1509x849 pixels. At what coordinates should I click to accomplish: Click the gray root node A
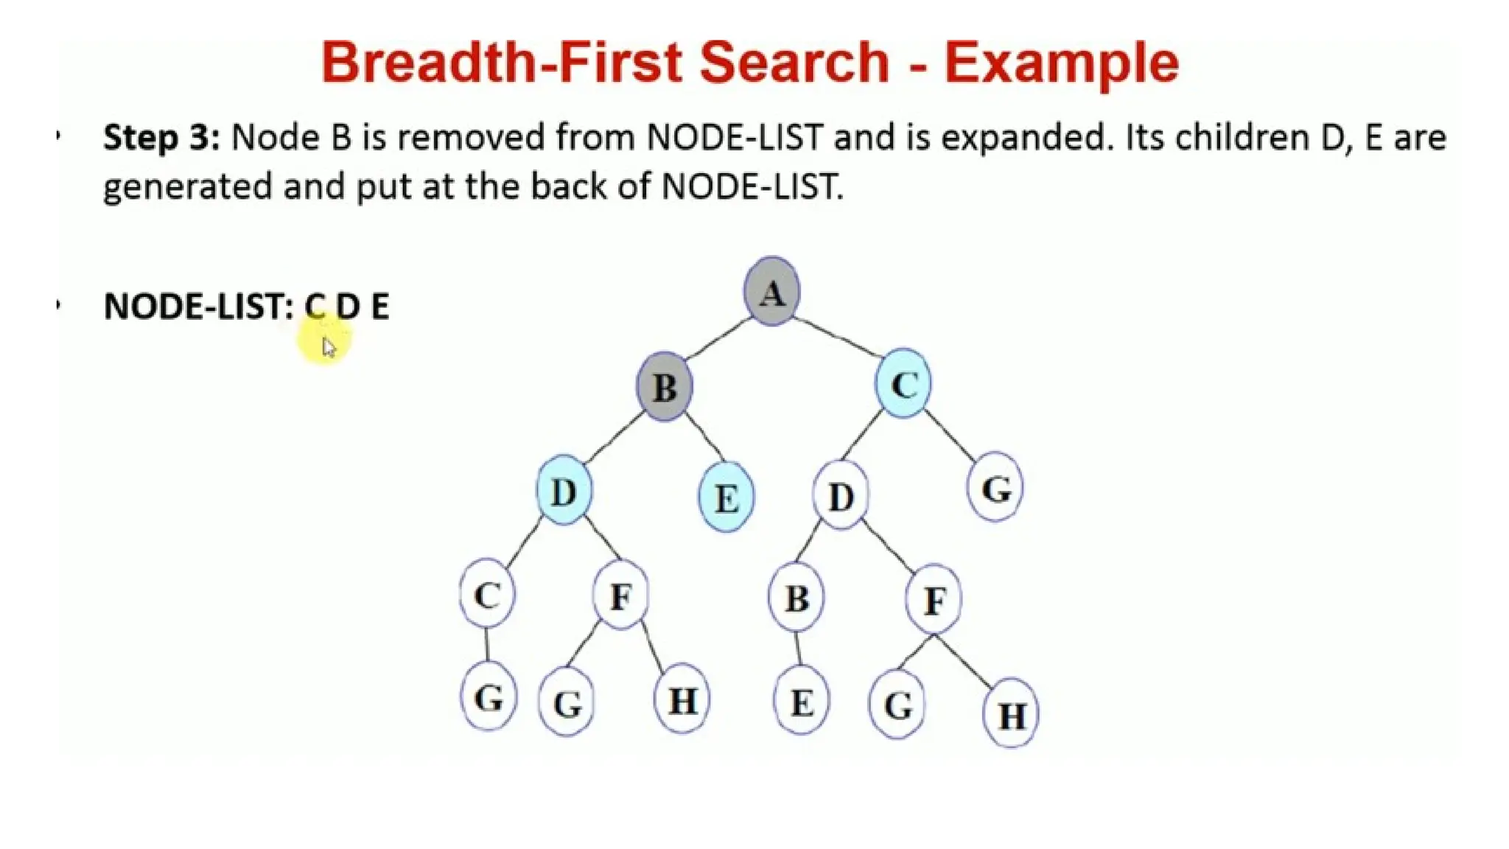(x=771, y=292)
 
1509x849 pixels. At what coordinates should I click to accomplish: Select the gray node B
(x=665, y=387)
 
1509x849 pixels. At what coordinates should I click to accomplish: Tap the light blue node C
(x=903, y=384)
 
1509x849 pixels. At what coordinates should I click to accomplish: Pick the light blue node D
(x=564, y=491)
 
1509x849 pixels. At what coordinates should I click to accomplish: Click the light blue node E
(x=726, y=498)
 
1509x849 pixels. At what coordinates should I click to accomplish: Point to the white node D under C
(x=841, y=496)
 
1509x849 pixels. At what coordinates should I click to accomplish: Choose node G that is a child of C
(x=995, y=488)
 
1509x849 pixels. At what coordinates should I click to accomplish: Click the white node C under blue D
(x=487, y=594)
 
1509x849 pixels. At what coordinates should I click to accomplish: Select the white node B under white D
(x=796, y=598)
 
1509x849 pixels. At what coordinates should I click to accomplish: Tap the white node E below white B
(x=802, y=702)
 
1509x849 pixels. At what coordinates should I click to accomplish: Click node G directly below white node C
(x=489, y=697)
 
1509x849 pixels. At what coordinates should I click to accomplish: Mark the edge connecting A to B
(x=718, y=339)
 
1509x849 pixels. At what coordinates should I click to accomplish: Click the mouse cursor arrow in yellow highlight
(x=329, y=347)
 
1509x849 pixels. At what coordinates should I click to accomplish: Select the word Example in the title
(x=1062, y=63)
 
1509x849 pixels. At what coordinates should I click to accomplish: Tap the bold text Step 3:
(x=161, y=138)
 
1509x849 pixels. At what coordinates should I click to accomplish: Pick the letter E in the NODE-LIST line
(x=379, y=306)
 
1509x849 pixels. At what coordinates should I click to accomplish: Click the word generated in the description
(x=187, y=186)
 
